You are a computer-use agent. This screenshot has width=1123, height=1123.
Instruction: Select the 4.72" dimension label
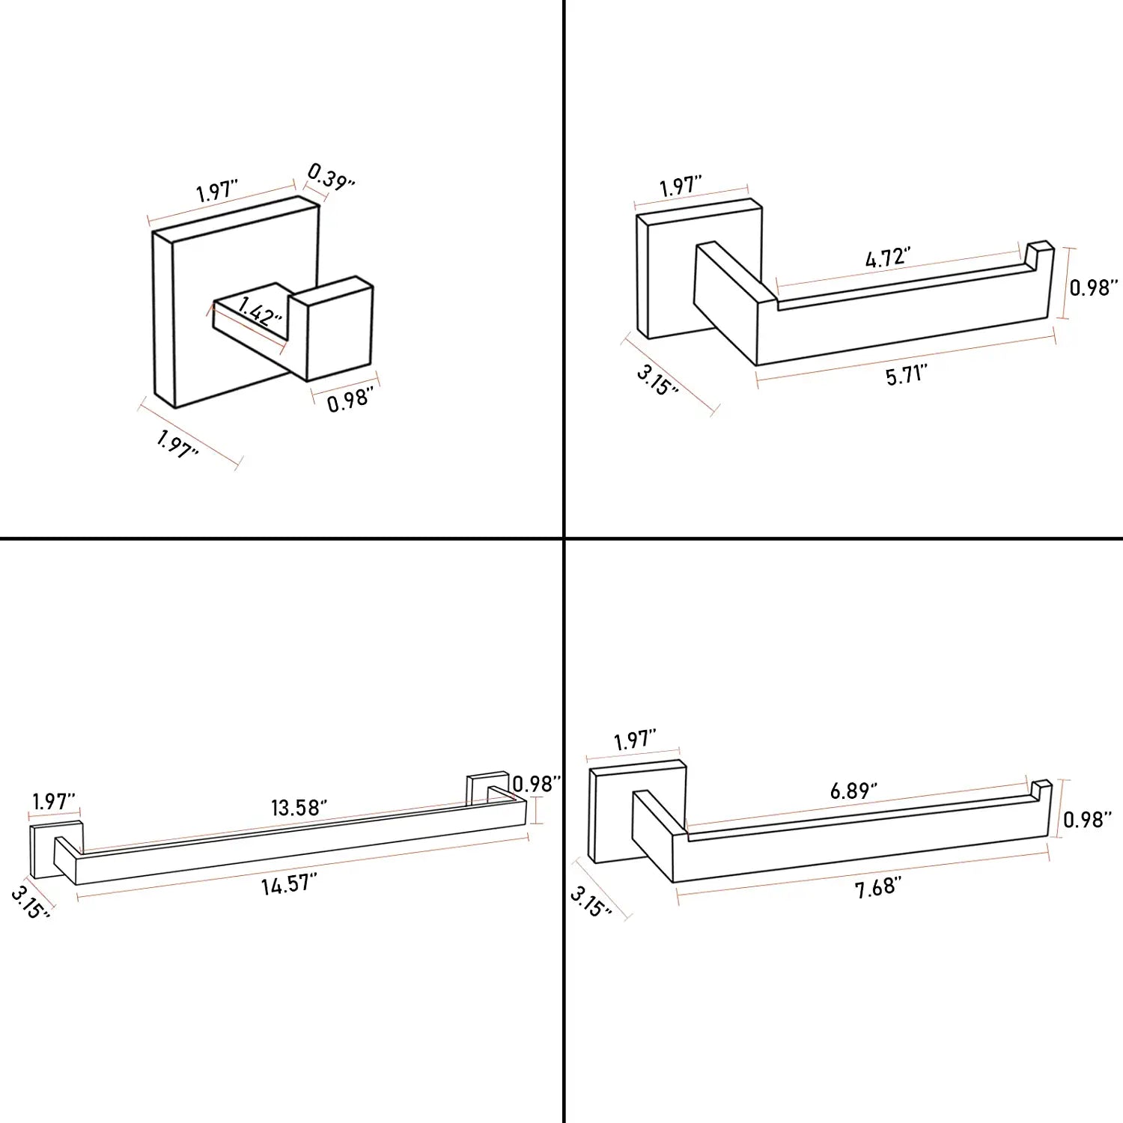pyautogui.click(x=888, y=258)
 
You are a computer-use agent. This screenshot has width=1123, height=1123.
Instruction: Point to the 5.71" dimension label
pyautogui.click(x=907, y=374)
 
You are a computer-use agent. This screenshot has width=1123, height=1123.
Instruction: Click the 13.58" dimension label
pyautogui.click(x=299, y=808)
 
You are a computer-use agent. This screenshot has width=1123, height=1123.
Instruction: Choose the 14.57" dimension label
pyautogui.click(x=289, y=884)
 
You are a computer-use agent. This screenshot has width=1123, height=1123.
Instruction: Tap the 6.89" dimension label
pyautogui.click(x=853, y=790)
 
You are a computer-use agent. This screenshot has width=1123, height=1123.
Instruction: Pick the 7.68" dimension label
pyautogui.click(x=878, y=888)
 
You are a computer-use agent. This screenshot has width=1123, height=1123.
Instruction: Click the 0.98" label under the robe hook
pyautogui.click(x=350, y=400)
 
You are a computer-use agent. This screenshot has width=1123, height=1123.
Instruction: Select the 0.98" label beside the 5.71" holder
pyautogui.click(x=1094, y=287)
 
